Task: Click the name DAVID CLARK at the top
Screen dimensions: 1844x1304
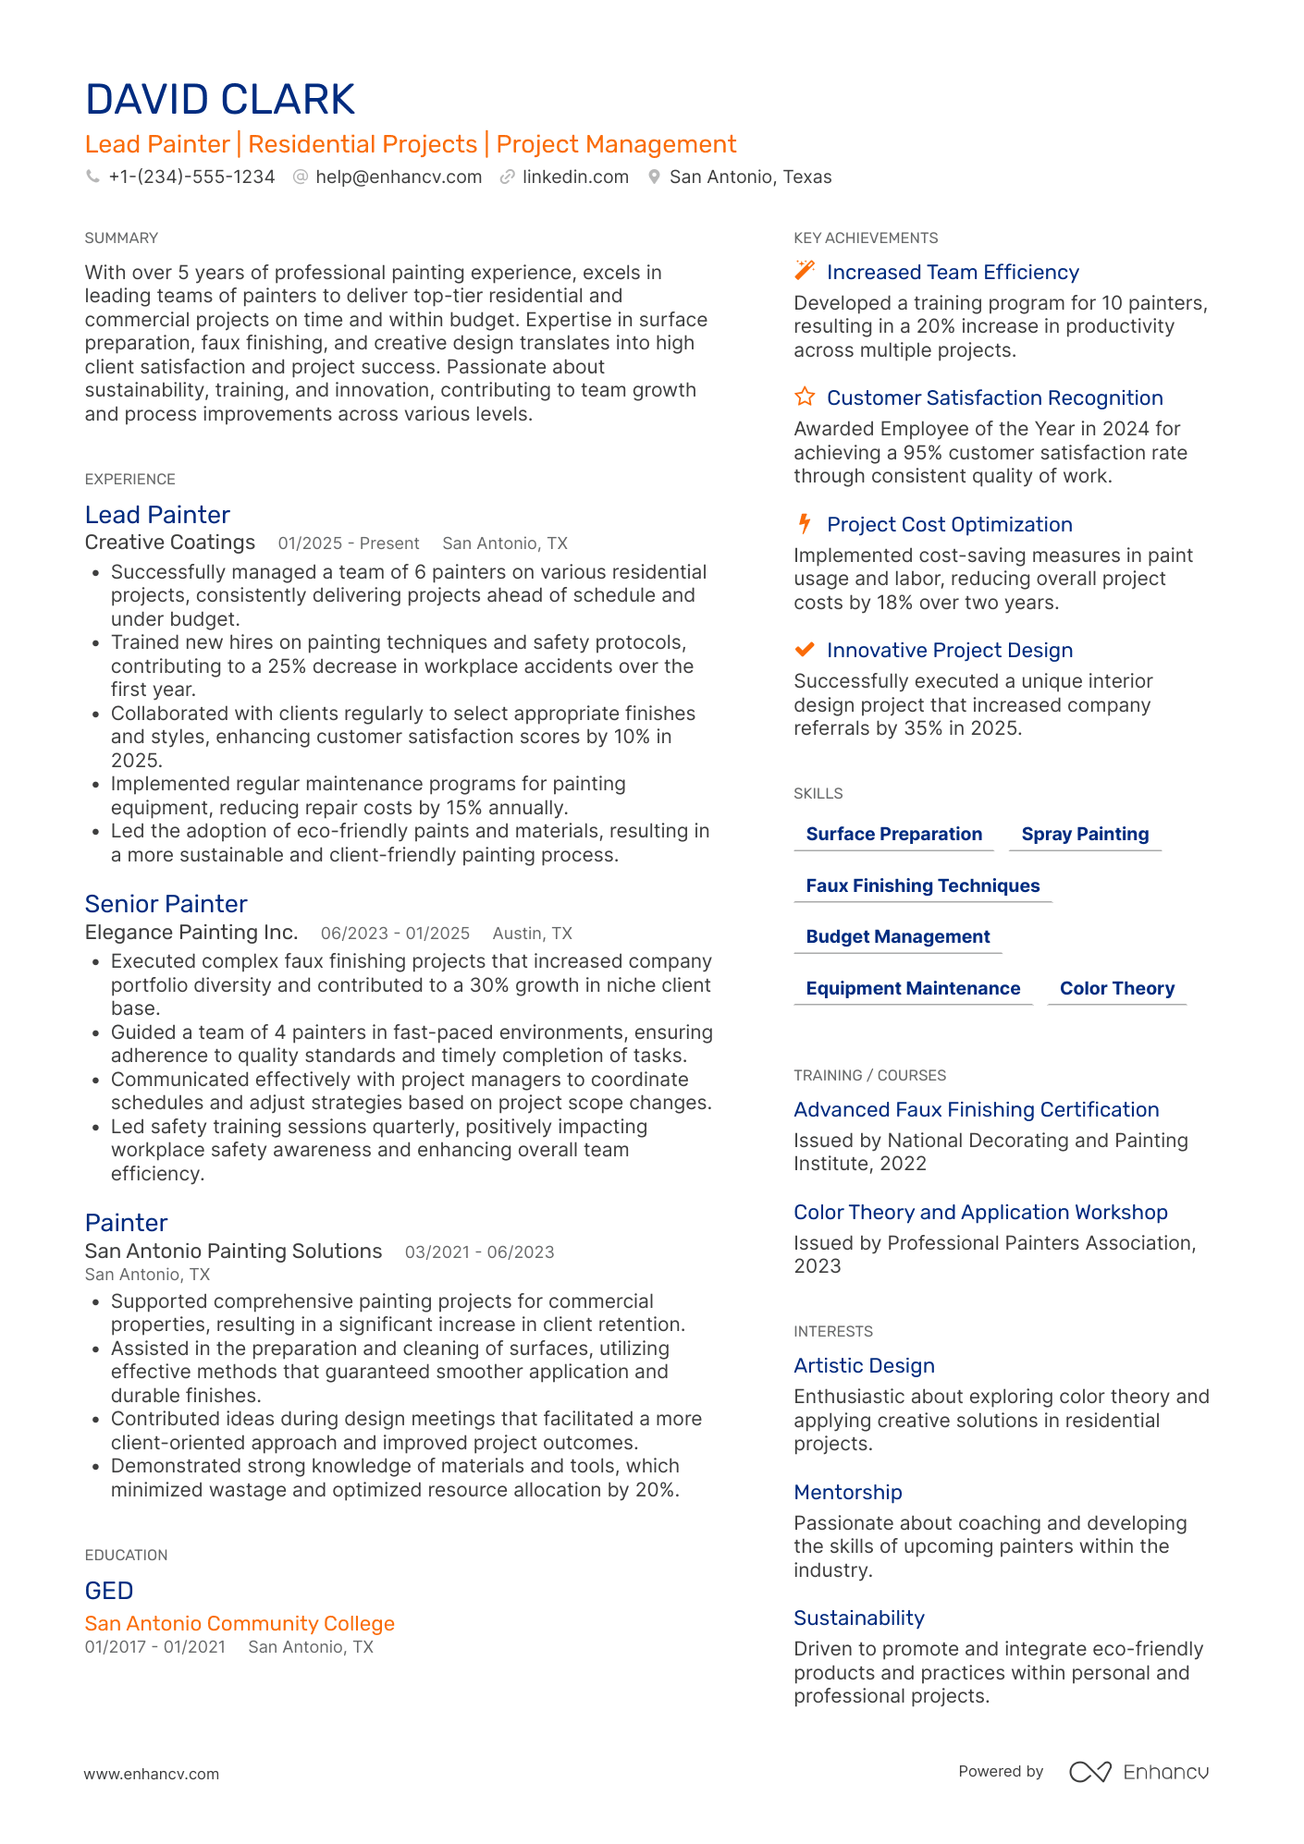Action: (220, 100)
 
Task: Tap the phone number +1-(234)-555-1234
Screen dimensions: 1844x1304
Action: (191, 177)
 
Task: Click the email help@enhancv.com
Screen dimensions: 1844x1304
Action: (399, 177)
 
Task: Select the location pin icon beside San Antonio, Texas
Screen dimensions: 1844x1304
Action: (654, 177)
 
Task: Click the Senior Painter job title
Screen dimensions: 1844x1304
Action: (166, 904)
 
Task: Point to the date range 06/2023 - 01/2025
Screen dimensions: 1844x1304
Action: (395, 934)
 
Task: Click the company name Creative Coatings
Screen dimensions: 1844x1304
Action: (170, 543)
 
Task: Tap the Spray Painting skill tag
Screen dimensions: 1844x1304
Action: (1085, 834)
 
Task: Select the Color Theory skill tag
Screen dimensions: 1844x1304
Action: (1116, 988)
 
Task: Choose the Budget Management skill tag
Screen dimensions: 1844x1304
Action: (897, 936)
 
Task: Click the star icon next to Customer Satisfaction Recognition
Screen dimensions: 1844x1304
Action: (805, 397)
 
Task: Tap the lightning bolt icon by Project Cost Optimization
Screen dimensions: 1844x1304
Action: (805, 524)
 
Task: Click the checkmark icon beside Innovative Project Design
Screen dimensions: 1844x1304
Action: (805, 650)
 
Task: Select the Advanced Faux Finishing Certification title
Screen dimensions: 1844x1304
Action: (976, 1109)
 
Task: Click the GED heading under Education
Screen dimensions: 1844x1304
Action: (109, 1591)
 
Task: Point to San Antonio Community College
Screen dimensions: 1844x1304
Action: (240, 1623)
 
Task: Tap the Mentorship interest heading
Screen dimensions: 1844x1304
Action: (847, 1492)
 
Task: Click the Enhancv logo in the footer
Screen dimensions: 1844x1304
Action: (1138, 1772)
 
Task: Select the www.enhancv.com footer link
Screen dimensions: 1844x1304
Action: (152, 1774)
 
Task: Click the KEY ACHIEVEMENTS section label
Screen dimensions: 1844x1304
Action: (866, 238)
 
